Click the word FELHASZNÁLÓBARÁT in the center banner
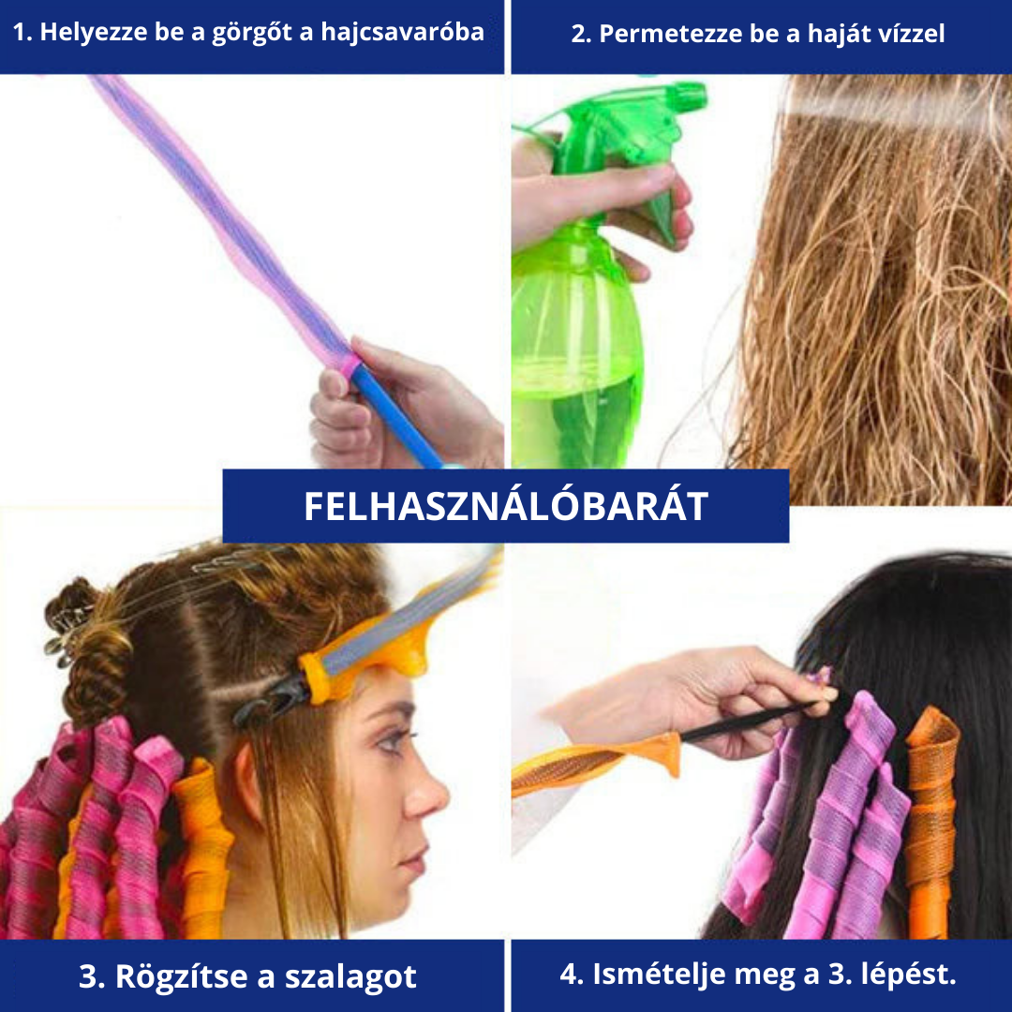[x=506, y=506]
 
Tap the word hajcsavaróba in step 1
[x=402, y=32]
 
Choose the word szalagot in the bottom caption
[x=350, y=976]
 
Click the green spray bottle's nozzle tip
[x=700, y=97]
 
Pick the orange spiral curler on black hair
[x=931, y=821]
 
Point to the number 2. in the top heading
[x=581, y=33]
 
